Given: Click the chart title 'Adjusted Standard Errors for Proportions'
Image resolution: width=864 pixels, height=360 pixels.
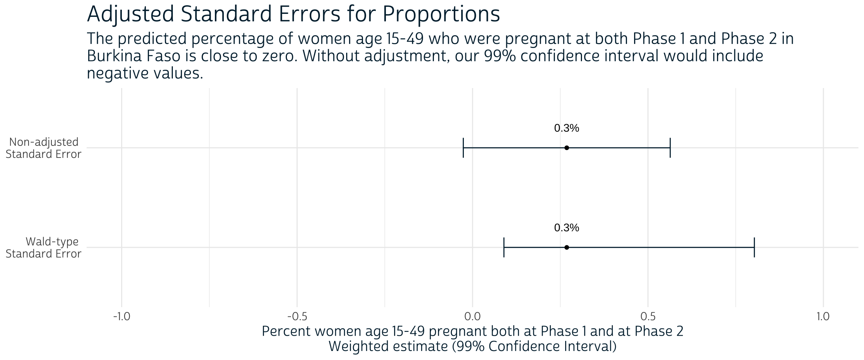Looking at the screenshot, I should [x=293, y=15].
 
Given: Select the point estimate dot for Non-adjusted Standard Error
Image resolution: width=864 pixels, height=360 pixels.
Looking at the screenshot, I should [x=567, y=148].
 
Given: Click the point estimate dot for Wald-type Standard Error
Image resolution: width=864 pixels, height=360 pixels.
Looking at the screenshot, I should [x=567, y=247].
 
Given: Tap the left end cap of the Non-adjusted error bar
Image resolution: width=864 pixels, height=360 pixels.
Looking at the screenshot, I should [x=463, y=148].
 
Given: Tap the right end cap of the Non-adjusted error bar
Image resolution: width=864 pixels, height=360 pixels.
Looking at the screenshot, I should [x=670, y=148].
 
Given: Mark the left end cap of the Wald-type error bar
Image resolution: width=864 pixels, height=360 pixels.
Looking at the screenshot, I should [x=504, y=247].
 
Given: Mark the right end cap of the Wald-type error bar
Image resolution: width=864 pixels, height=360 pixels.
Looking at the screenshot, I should [x=754, y=247].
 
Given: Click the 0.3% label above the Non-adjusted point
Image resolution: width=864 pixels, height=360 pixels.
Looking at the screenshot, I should [x=567, y=128].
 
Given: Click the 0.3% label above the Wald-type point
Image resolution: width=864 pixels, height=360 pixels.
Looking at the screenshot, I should [x=567, y=228].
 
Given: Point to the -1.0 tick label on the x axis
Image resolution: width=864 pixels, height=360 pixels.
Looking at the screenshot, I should [x=121, y=317].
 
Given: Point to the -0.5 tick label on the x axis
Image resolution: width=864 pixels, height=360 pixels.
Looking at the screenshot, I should [x=297, y=317].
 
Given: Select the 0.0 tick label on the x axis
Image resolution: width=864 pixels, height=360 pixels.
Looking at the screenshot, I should [x=472, y=317].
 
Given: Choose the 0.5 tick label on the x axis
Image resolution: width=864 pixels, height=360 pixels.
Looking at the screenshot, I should [x=648, y=317].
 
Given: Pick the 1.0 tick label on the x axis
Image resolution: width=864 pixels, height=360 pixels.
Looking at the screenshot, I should [x=823, y=317].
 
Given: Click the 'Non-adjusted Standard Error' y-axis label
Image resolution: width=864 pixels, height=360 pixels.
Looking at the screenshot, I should [x=43, y=148].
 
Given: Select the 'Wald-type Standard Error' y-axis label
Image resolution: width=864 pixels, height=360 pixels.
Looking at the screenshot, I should [x=43, y=248].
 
